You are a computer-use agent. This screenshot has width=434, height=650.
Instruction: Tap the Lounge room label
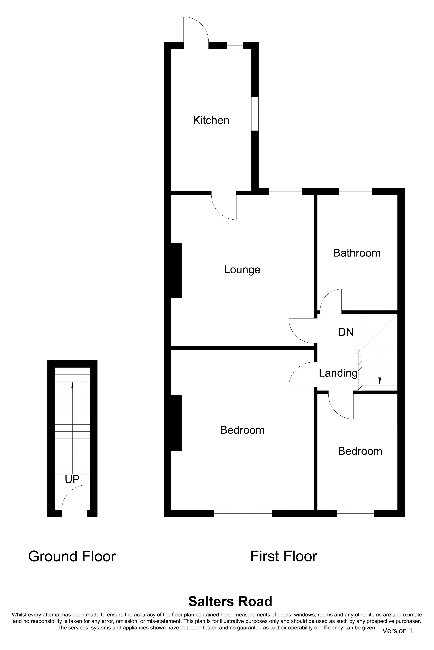(x=242, y=270)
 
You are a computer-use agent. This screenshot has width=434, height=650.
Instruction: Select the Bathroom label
(x=357, y=253)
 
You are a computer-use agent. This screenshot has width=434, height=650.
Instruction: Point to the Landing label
(x=338, y=373)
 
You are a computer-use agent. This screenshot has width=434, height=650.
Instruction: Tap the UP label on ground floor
(x=72, y=479)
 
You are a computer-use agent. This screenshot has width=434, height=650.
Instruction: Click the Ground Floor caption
(x=72, y=556)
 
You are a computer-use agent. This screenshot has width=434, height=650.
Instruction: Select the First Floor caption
(x=284, y=556)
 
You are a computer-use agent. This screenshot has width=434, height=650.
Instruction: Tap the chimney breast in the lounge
(x=176, y=270)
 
